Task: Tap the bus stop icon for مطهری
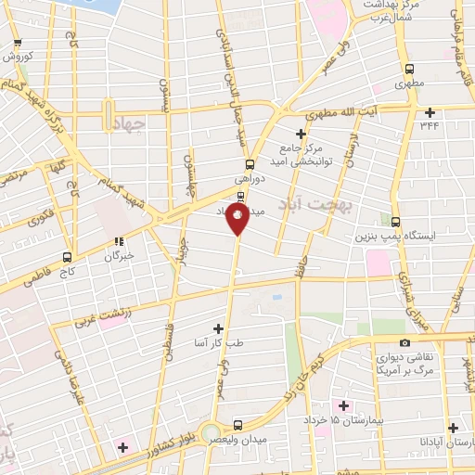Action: [409, 69]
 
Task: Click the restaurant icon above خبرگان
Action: [119, 240]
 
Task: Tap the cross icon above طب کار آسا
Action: [218, 327]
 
